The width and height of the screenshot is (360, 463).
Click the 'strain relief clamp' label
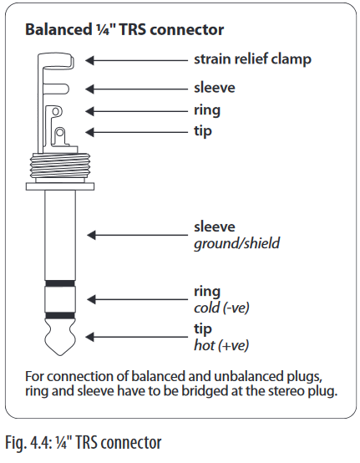(x=252, y=59)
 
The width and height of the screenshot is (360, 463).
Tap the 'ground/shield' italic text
(x=236, y=243)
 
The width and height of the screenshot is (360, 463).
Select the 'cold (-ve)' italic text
(x=221, y=308)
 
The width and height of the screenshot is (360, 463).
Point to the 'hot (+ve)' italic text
(x=221, y=345)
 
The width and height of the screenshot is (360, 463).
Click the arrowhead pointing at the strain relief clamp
(x=89, y=60)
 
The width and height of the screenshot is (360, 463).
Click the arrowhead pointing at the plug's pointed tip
(x=89, y=337)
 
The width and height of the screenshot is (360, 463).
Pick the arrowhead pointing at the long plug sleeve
(x=91, y=235)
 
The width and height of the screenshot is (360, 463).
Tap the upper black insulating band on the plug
(x=60, y=283)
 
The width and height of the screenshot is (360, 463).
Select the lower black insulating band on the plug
(x=60, y=316)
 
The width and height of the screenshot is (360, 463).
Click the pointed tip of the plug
(x=60, y=355)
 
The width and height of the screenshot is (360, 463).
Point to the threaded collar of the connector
(x=60, y=168)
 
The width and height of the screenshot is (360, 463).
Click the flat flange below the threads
(x=60, y=186)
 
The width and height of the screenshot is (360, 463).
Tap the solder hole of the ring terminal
(x=55, y=111)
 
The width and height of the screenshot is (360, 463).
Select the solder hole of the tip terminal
(x=59, y=132)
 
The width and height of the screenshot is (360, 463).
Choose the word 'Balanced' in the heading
(x=58, y=29)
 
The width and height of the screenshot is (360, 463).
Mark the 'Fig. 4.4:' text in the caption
(x=24, y=443)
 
